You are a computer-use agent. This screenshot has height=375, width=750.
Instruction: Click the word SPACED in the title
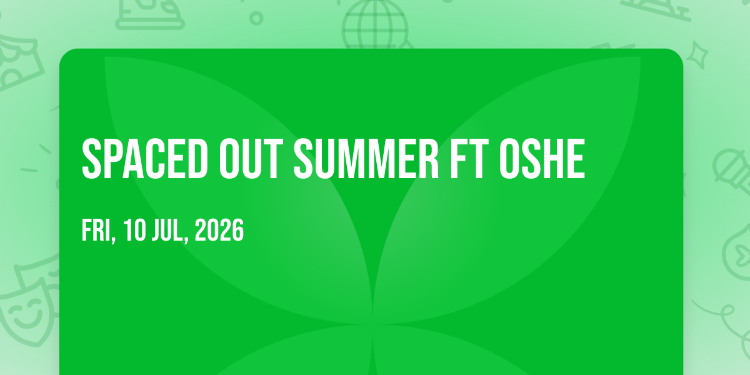[144, 159]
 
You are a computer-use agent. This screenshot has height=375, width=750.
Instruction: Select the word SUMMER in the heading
[366, 159]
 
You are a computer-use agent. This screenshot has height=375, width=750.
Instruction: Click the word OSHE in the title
[542, 159]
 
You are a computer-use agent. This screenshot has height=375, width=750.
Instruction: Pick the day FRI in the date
[96, 230]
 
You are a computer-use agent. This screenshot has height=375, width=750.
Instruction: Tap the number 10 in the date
[134, 230]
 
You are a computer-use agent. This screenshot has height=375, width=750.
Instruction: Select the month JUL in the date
[167, 230]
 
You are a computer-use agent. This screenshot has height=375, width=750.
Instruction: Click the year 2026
[219, 230]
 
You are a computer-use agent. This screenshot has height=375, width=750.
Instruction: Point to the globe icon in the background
[376, 25]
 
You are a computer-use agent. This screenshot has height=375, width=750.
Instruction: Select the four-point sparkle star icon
[697, 55]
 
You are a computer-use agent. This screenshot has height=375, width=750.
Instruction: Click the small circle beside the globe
[256, 18]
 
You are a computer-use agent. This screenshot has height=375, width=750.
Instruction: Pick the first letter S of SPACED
[91, 159]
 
